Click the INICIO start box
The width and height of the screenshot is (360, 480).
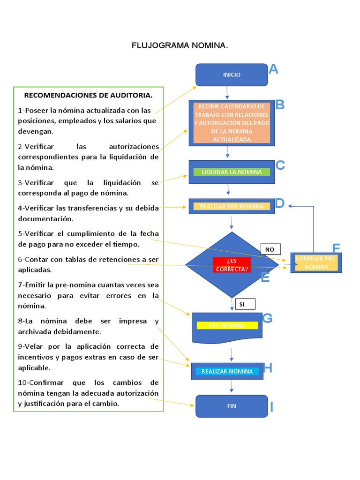click(232, 75)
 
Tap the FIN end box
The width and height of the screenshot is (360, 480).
click(232, 406)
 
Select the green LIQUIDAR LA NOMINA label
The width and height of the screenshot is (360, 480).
click(232, 172)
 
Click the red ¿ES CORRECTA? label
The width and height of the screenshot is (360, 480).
click(232, 265)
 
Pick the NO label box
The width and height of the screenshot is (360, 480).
click(270, 249)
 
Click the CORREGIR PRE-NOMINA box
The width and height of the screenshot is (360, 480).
click(316, 262)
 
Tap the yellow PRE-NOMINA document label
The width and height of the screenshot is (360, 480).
click(227, 325)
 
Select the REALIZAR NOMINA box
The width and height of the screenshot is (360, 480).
click(227, 371)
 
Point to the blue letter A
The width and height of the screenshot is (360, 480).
click(273, 70)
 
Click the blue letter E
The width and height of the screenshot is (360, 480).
click(265, 278)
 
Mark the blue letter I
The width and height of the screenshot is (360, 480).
click(271, 407)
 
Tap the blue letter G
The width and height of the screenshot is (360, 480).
click(267, 318)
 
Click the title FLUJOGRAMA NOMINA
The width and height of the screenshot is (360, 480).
click(180, 46)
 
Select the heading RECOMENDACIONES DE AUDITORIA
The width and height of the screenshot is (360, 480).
click(88, 95)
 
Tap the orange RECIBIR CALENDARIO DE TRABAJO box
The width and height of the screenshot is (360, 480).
click(232, 123)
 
